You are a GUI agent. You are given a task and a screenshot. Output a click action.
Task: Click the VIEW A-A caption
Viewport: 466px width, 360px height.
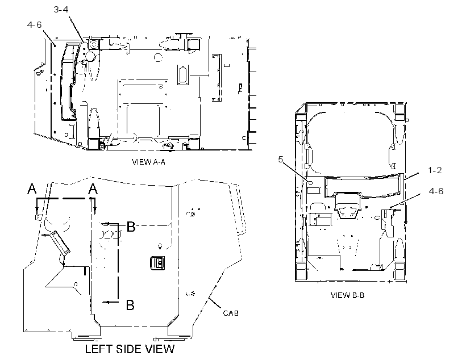148,162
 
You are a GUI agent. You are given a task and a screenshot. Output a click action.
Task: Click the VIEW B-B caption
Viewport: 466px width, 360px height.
347,295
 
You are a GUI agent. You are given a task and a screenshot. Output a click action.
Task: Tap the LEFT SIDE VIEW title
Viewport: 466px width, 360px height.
130,349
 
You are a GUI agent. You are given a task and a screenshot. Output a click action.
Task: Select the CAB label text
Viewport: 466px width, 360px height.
231,313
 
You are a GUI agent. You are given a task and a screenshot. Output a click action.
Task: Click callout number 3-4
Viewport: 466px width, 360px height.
61,10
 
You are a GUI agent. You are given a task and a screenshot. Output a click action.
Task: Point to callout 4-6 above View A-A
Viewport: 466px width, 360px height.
35,24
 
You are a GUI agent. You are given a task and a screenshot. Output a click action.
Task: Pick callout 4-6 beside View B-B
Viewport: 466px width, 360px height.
436,191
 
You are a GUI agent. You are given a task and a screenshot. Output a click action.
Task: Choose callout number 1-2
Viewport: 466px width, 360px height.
435,170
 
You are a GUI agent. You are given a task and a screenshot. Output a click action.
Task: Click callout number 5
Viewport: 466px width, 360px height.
281,160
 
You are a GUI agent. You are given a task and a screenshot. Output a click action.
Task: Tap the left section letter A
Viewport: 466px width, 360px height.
32,189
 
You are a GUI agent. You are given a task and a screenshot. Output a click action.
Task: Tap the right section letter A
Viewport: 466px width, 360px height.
93,189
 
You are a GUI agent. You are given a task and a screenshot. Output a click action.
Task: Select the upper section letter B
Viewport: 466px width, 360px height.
131,227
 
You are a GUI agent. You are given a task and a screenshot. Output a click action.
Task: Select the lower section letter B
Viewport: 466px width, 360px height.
130,305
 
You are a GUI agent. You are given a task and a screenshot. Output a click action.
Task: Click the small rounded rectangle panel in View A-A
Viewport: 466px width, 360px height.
182,75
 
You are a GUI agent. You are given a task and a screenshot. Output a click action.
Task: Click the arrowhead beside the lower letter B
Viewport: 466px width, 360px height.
105,302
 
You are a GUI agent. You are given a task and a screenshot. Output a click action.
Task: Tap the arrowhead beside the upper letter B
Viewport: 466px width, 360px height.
104,224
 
